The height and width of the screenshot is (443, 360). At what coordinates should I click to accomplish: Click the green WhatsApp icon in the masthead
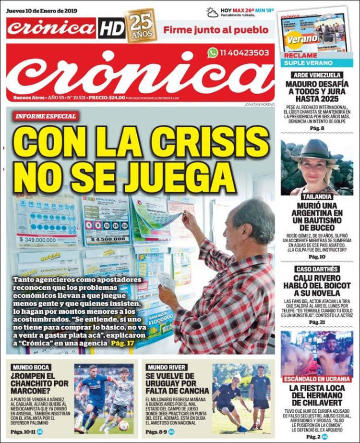pyautogui.click(x=213, y=53)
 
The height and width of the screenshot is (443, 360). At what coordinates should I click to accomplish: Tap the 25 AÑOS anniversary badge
pyautogui.click(x=141, y=26)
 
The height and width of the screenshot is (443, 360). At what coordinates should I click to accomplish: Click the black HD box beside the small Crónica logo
pyautogui.click(x=111, y=29)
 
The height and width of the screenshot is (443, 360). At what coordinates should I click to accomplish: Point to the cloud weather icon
pyautogui.click(x=212, y=12)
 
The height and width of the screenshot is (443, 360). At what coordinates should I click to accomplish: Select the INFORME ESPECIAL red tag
pyautogui.click(x=46, y=116)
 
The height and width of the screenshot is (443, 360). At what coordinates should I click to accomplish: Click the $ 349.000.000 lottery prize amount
pyautogui.click(x=46, y=239)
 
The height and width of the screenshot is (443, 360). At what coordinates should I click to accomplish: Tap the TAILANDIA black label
pyautogui.click(x=316, y=197)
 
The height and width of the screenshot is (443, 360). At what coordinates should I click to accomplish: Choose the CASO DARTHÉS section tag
pyautogui.click(x=317, y=269)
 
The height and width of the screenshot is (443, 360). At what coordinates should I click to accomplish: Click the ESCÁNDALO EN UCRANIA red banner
pyautogui.click(x=317, y=379)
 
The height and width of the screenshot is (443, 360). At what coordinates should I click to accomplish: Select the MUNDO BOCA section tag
pyautogui.click(x=31, y=367)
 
